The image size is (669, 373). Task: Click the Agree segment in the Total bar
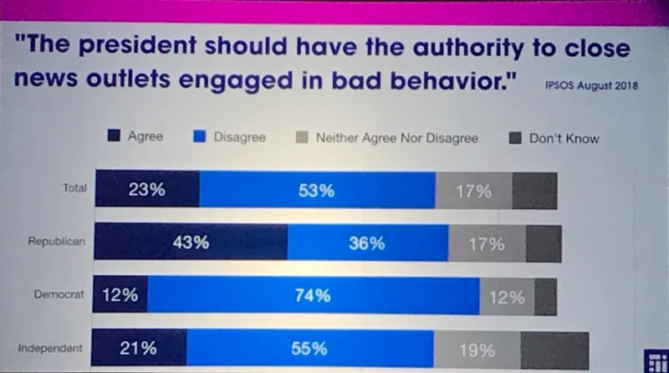pyautogui.click(x=147, y=190)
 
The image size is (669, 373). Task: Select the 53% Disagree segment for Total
pyautogui.click(x=316, y=191)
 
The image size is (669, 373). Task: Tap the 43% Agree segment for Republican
pyautogui.click(x=191, y=243)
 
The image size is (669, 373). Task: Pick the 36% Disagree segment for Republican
pyautogui.click(x=367, y=243)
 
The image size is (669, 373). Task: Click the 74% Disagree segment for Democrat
pyautogui.click(x=314, y=296)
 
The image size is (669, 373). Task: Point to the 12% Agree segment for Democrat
pyautogui.click(x=120, y=296)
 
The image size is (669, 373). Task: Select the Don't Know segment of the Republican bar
pyautogui.click(x=544, y=243)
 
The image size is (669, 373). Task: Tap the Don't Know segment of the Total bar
pyautogui.click(x=534, y=191)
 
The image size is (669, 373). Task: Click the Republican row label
pyautogui.click(x=58, y=242)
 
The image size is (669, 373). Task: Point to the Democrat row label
pyautogui.click(x=61, y=295)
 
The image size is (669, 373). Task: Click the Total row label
pyautogui.click(x=74, y=188)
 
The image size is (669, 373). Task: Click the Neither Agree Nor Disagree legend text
pyautogui.click(x=396, y=138)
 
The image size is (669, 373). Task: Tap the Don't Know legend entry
pyautogui.click(x=555, y=138)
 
